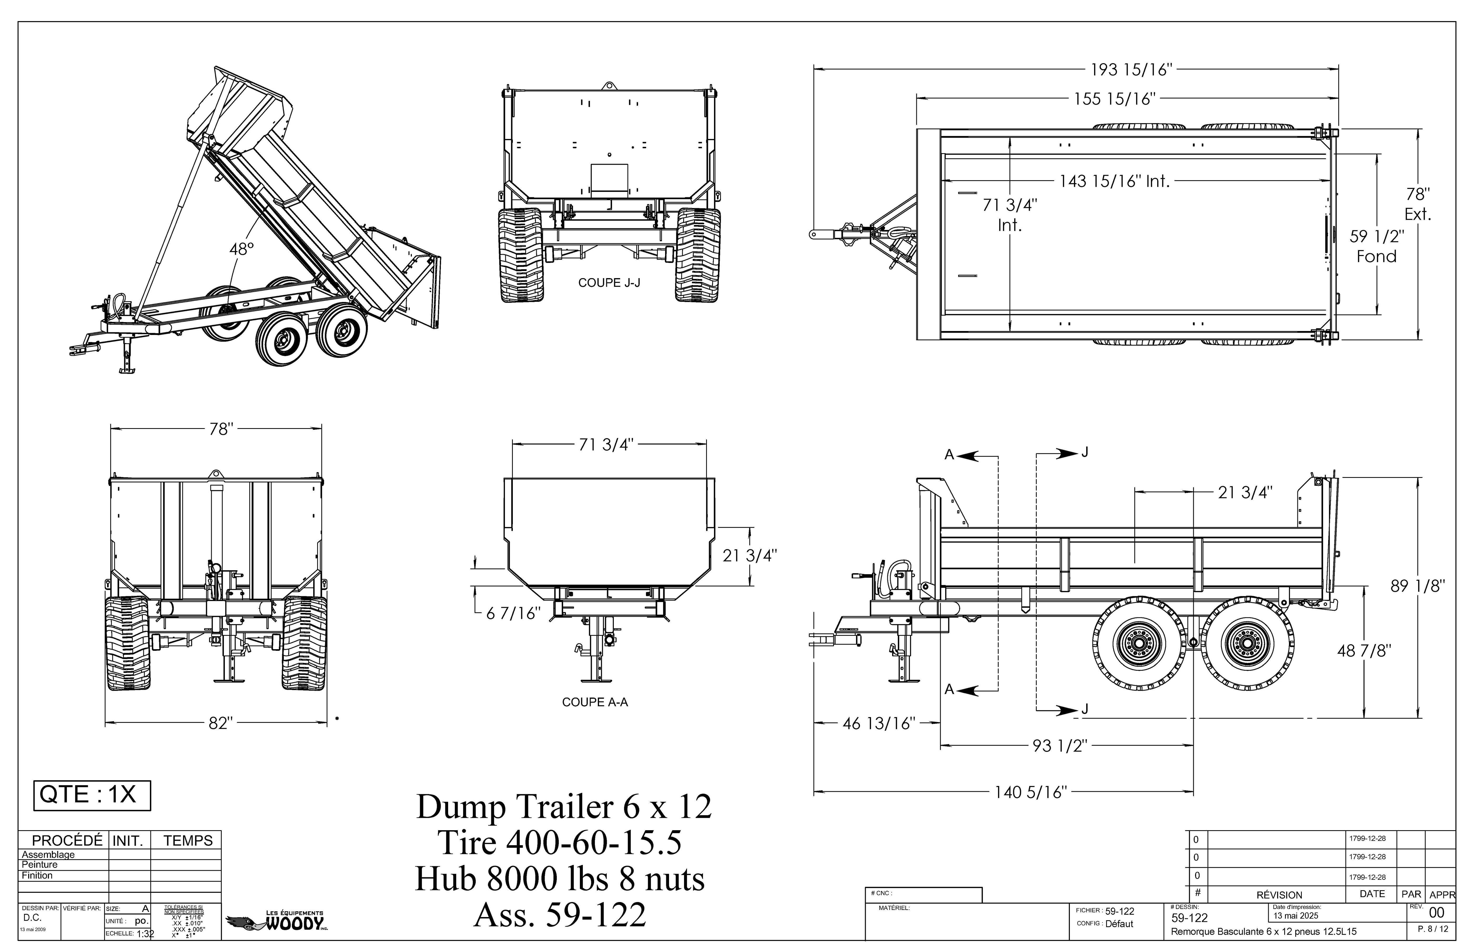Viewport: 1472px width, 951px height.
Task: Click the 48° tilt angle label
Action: (x=241, y=249)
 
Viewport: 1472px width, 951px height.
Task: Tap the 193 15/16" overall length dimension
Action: (x=1131, y=70)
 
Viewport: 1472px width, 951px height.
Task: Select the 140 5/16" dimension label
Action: (x=1030, y=792)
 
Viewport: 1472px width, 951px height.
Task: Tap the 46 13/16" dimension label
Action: (x=879, y=724)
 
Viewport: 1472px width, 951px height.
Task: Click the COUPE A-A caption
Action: (x=594, y=702)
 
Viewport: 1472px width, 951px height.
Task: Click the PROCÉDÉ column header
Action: (x=67, y=840)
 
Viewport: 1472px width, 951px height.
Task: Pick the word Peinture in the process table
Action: (x=39, y=864)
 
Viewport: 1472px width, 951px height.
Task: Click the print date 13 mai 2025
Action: (x=1296, y=916)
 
